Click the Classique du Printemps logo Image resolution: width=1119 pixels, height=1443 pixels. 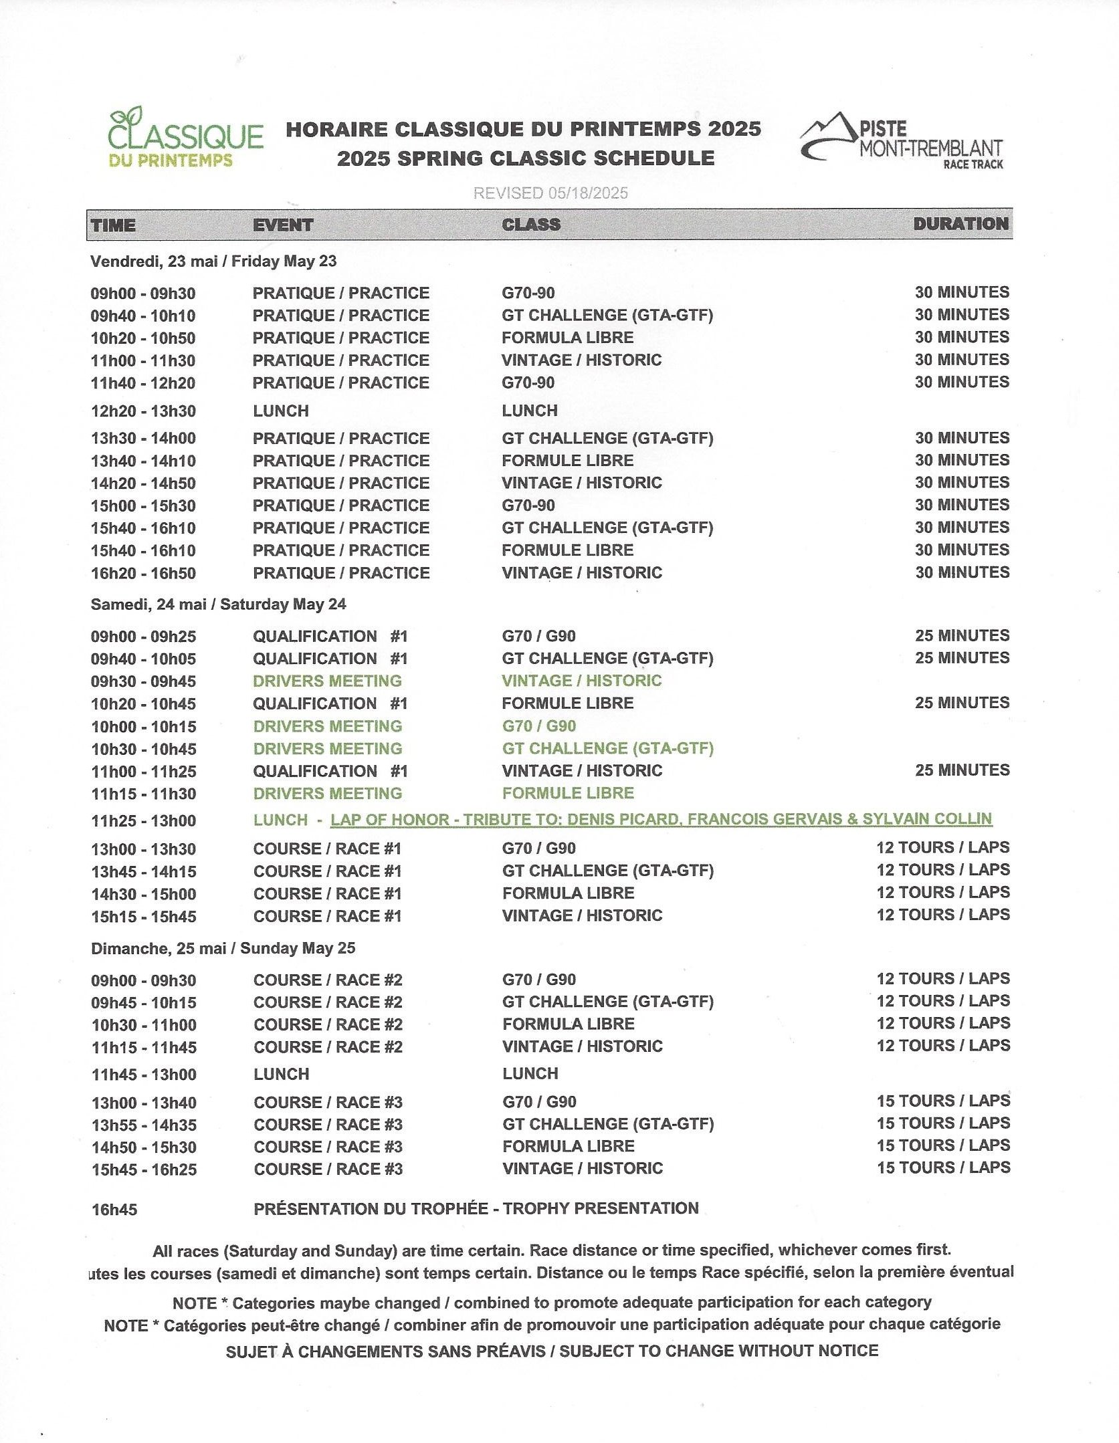pos(185,138)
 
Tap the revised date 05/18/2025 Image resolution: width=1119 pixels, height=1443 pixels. pos(550,193)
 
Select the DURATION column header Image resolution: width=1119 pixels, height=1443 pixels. pos(960,224)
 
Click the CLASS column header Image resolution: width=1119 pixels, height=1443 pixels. pos(531,225)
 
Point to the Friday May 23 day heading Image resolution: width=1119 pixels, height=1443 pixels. pos(213,261)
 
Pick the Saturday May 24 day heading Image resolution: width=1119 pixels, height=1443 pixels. pos(218,604)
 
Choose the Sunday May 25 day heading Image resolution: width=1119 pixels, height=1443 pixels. pos(223,948)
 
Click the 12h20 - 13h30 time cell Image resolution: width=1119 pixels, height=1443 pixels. pos(143,411)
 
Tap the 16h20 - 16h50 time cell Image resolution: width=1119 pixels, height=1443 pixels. pos(143,573)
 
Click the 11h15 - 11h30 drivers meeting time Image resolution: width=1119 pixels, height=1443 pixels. pos(143,794)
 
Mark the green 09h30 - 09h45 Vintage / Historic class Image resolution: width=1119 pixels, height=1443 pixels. pos(581,681)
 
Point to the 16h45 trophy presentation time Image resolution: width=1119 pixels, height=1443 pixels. pos(114,1210)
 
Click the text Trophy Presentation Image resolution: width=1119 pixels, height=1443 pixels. pos(601,1208)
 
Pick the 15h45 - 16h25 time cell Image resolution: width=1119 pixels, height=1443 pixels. pos(144,1170)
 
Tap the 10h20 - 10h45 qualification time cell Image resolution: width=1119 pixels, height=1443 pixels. pos(143,704)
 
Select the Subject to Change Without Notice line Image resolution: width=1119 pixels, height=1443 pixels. pos(552,1351)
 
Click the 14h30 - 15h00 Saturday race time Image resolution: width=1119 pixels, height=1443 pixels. pos(143,894)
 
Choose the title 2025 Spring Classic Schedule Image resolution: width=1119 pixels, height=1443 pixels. pos(526,158)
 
